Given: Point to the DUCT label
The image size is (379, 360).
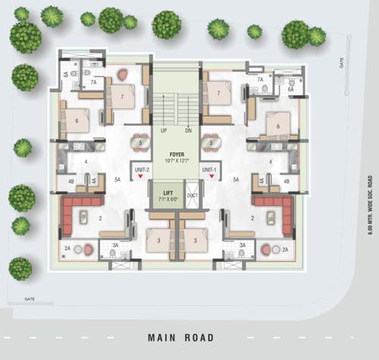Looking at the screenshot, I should click(x=192, y=195).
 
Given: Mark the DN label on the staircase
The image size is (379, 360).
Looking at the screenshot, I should click(x=189, y=130).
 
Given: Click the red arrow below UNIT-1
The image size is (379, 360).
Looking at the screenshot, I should click(x=211, y=177).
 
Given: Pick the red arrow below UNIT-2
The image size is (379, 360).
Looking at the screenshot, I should click(x=140, y=177).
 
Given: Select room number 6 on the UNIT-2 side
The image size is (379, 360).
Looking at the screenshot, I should click(x=77, y=121).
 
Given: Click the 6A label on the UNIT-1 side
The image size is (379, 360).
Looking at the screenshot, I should click(x=290, y=89).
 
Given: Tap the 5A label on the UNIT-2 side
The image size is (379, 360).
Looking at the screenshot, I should click(x=117, y=180).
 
